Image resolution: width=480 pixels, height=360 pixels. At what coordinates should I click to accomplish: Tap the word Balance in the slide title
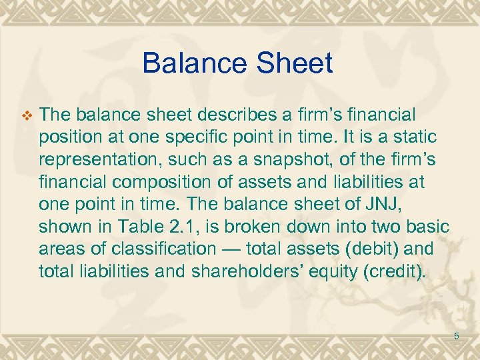point(193,63)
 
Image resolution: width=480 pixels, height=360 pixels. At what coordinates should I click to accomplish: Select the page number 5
point(457,336)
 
